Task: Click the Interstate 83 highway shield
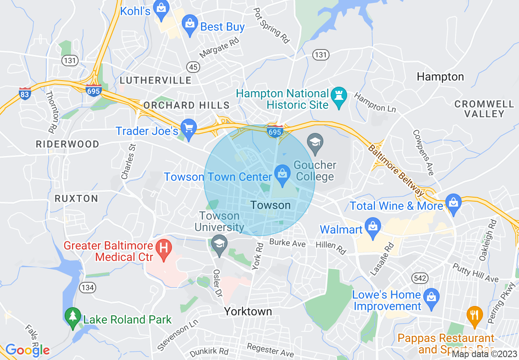[x=25, y=93]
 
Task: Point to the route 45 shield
[x=192, y=66]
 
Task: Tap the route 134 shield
[x=88, y=288]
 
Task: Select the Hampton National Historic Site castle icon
[x=338, y=96]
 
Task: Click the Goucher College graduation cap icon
[x=315, y=143]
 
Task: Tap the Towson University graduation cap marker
[x=219, y=245]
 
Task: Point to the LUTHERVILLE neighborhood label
[x=155, y=80]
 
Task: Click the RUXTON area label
[x=77, y=199]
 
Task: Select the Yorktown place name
[x=248, y=312]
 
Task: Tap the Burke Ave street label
[x=287, y=243]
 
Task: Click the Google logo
[x=27, y=350]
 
